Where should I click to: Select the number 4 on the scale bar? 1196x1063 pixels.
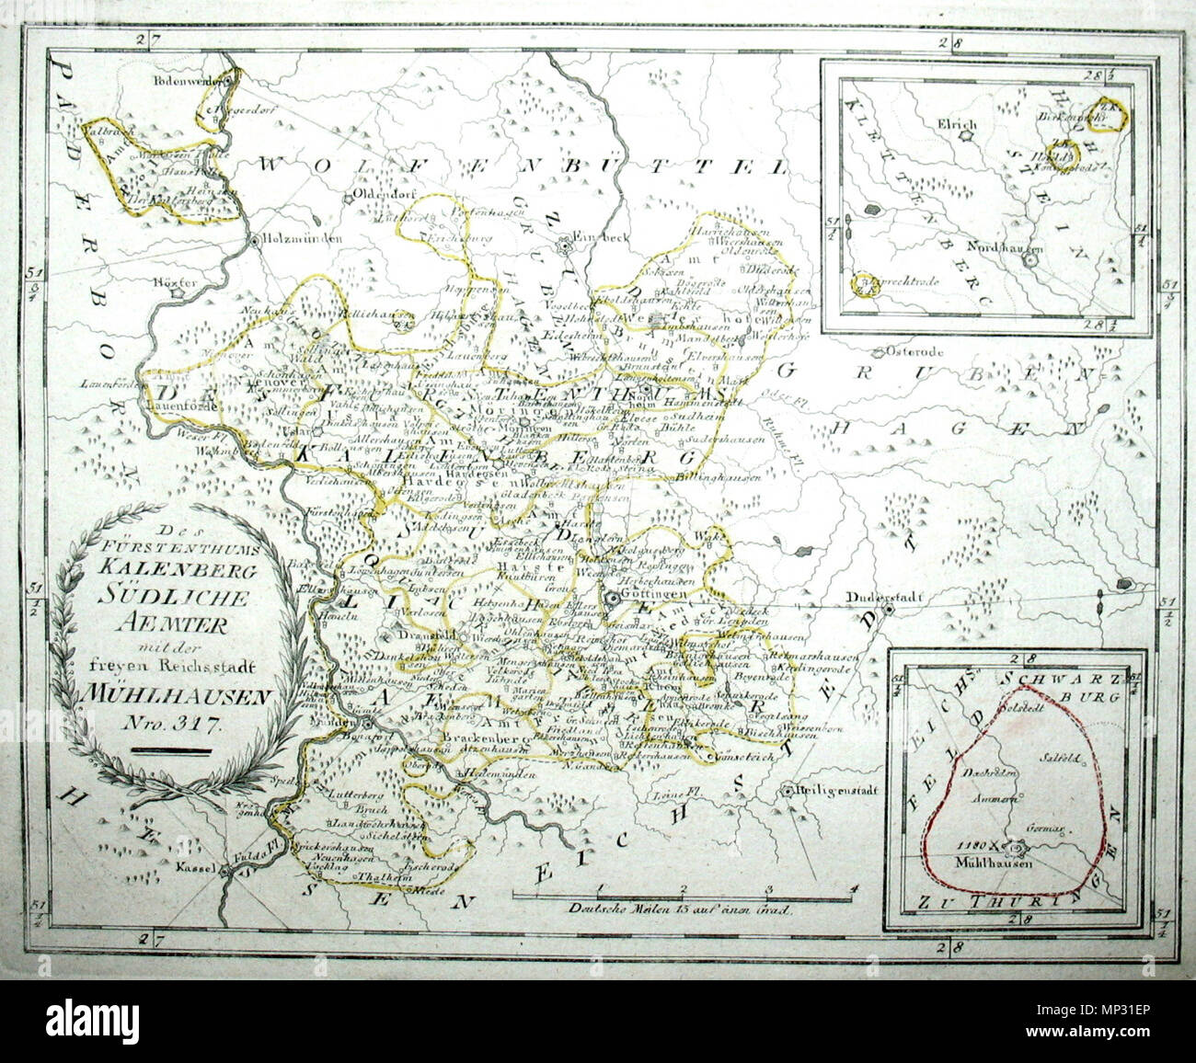(x=854, y=887)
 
